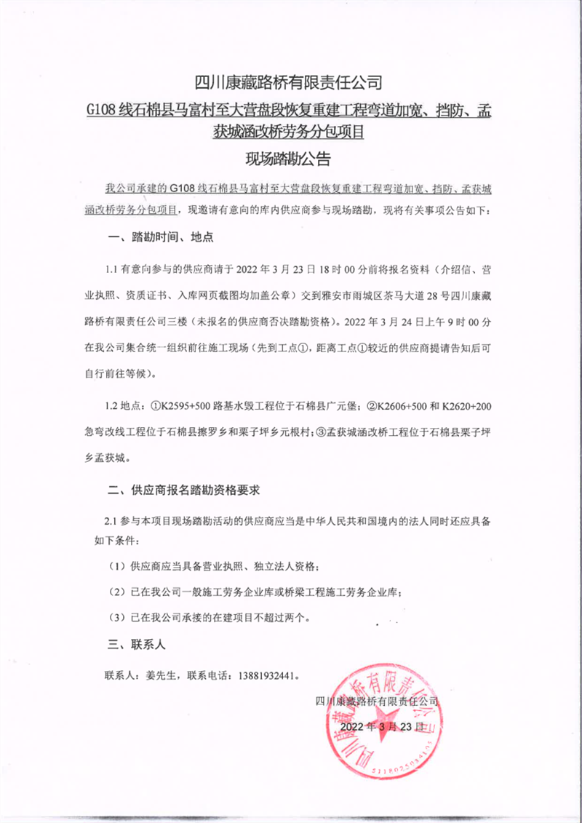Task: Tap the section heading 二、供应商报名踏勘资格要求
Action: [183, 490]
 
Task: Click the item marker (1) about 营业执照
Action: [116, 566]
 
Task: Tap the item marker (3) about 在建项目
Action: [116, 618]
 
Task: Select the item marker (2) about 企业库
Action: [116, 592]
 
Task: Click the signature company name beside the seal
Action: [378, 701]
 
